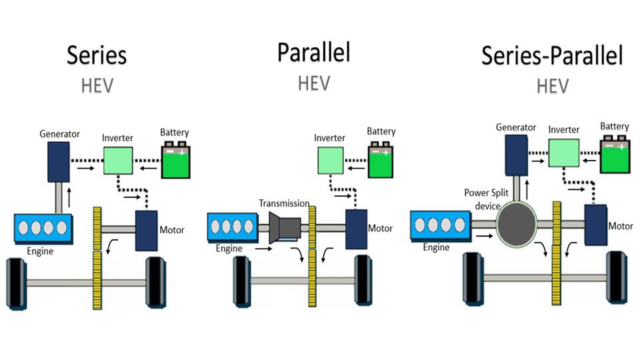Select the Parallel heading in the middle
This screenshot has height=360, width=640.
tap(313, 52)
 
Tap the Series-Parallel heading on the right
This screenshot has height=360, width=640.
tap(552, 56)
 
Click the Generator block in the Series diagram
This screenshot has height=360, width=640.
tap(59, 163)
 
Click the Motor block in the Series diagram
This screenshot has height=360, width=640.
tap(146, 230)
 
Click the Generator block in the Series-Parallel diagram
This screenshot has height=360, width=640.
tap(516, 157)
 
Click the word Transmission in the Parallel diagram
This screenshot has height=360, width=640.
tap(285, 203)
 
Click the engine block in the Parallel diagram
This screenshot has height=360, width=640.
tap(233, 227)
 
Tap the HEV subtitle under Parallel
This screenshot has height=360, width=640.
tap(313, 83)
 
